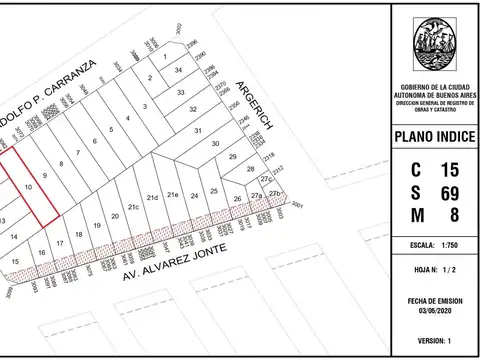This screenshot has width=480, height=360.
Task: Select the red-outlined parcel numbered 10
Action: [29, 187]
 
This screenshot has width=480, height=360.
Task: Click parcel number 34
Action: [179, 72]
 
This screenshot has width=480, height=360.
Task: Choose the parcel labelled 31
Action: [198, 131]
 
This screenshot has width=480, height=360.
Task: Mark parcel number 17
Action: [61, 243]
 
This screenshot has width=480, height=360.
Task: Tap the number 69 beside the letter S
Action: [447, 191]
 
